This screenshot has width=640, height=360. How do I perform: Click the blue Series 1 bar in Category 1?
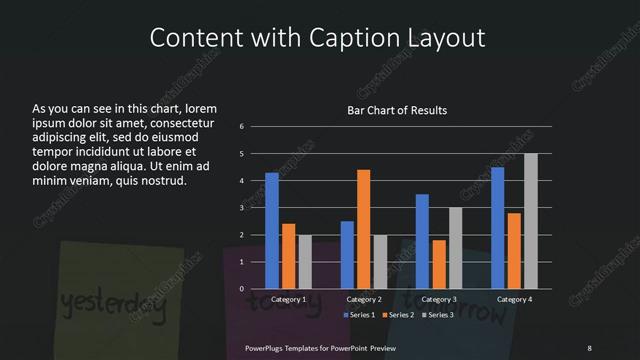[272, 231]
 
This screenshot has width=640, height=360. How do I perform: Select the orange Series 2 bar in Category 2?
[363, 229]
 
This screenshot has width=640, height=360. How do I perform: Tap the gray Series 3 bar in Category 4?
[531, 221]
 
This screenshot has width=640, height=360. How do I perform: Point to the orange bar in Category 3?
[439, 264]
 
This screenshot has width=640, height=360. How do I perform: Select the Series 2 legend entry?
[397, 315]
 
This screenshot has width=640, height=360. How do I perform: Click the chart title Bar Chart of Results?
[397, 110]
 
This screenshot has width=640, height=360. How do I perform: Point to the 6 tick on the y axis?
[242, 127]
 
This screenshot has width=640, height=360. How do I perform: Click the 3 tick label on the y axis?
[242, 208]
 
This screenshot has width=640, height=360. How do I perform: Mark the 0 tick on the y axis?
[242, 289]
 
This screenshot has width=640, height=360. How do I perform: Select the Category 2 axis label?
[363, 300]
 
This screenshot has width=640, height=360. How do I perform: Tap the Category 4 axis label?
[514, 300]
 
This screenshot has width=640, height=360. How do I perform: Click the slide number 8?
[589, 346]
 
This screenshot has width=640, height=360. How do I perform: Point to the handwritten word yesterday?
[110, 302]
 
